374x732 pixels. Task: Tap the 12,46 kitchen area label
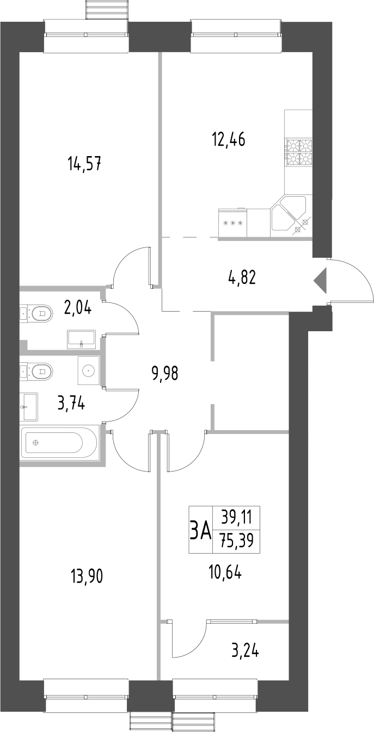pyautogui.click(x=229, y=140)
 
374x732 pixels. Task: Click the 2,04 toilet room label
pyautogui.click(x=77, y=308)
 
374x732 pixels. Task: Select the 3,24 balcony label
pyautogui.click(x=244, y=650)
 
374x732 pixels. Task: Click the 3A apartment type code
pyautogui.click(x=200, y=530)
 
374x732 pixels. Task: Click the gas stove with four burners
pyautogui.click(x=299, y=152)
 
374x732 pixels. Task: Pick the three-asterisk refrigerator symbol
pyautogui.click(x=232, y=224)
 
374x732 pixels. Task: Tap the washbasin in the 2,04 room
pyautogui.click(x=82, y=339)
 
